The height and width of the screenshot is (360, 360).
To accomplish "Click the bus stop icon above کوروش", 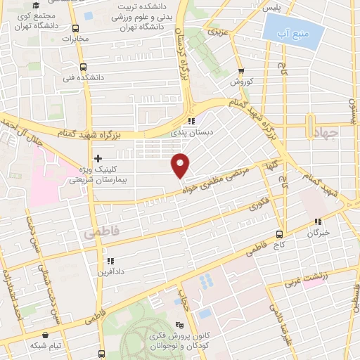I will click(x=240, y=71).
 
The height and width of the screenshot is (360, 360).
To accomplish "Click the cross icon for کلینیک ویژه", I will click(x=98, y=158).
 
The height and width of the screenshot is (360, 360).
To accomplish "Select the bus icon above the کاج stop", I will click(x=280, y=233).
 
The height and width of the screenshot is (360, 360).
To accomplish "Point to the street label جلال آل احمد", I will click(x=19, y=131).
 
